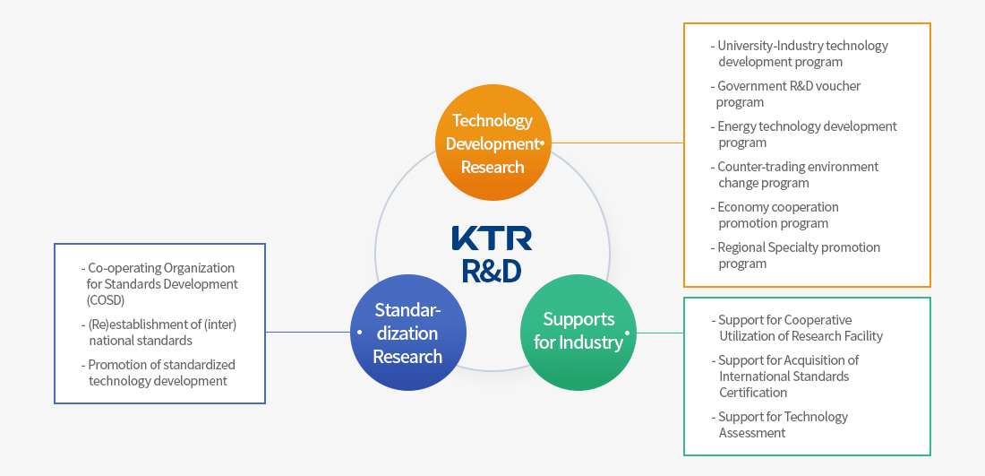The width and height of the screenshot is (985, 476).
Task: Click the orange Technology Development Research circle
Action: pos(492,143)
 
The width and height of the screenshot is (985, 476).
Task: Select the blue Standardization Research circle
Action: pos(407,333)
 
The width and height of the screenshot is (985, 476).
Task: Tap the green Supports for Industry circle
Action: pos(578,332)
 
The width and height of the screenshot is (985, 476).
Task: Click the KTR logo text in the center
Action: pos(492,238)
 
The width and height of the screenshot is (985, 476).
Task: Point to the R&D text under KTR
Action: pos(492,270)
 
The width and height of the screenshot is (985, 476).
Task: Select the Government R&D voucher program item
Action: pos(787,94)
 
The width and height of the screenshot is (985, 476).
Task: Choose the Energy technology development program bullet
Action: pos(805,134)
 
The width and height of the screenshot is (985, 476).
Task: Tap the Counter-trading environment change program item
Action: pos(796,175)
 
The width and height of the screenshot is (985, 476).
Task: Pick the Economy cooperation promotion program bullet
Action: pos(776,215)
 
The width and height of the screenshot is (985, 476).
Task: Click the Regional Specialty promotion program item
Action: pos(797,255)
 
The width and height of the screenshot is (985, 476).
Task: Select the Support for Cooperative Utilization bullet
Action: pos(799,328)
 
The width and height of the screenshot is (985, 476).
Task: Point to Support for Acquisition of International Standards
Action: pos(787,376)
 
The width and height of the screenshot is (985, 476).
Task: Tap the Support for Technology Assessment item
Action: pos(782,425)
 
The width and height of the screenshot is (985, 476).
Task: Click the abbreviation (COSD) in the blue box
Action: pos(106,300)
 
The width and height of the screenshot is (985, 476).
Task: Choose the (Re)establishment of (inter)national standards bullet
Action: pos(160,333)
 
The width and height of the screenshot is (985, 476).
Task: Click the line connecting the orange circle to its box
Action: pos(618,143)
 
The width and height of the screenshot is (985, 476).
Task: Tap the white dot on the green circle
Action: pos(627,333)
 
